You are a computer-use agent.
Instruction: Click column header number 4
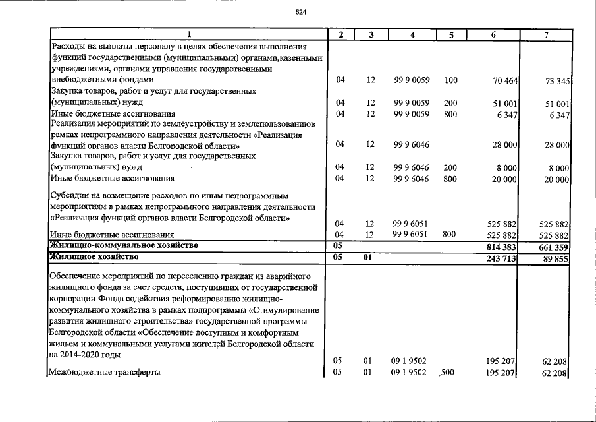[x=412, y=35]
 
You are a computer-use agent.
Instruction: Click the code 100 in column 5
[x=450, y=80]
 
